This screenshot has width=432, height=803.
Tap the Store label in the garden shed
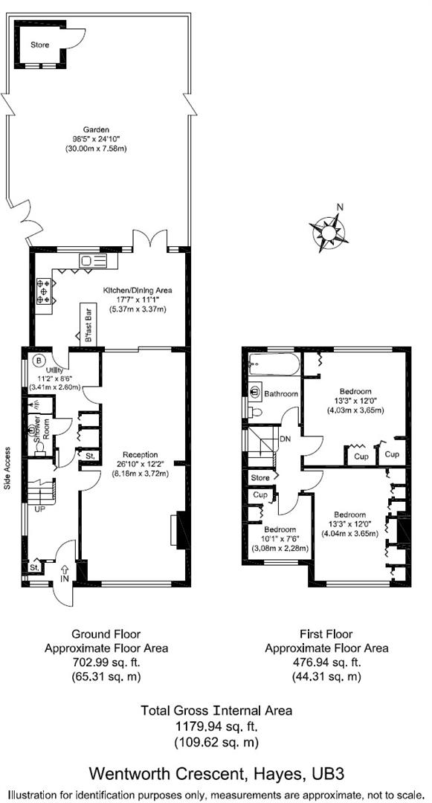[39, 45]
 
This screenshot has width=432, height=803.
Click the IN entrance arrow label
[64, 577]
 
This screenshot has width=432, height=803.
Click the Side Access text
[7, 468]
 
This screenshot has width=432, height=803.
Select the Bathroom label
[282, 393]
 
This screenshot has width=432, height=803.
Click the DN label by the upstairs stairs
[286, 440]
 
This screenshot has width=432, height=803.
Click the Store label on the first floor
[260, 477]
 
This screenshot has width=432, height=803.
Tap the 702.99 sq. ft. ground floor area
[119, 662]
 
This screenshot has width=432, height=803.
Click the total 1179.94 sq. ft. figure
[216, 726]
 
